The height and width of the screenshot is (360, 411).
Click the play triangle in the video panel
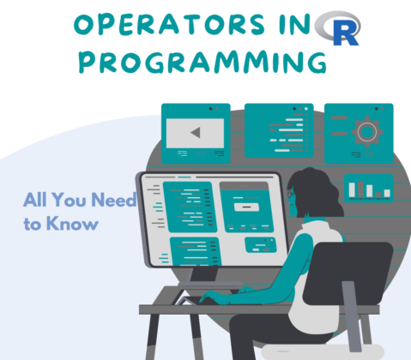click(196, 133)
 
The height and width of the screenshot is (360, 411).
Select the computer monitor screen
click(211, 218)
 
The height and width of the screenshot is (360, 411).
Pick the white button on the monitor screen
click(245, 207)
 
